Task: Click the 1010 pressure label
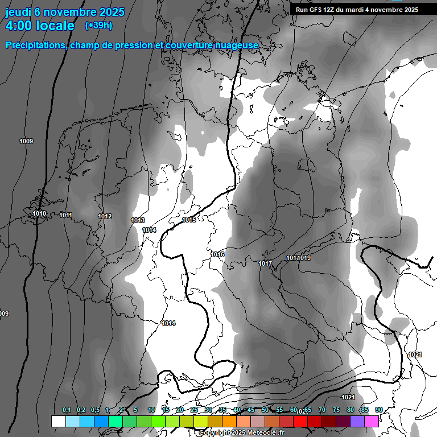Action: tap(39, 214)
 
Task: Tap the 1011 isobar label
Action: tap(65, 215)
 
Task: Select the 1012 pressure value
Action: tap(105, 216)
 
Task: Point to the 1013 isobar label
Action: tap(138, 220)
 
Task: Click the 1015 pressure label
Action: tap(189, 220)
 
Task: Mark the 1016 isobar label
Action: tap(217, 254)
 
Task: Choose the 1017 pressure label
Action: tap(265, 263)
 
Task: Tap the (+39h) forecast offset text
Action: tap(98, 26)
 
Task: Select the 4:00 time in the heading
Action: tap(19, 26)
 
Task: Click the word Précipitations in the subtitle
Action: tap(35, 45)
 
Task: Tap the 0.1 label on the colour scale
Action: tap(66, 410)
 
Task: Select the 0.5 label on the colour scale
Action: tap(95, 410)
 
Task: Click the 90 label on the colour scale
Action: tap(378, 410)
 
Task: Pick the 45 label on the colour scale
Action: tap(251, 410)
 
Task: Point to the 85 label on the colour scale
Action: tap(364, 410)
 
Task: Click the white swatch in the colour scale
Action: tap(58, 421)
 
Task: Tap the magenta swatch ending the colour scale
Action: tap(372, 421)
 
